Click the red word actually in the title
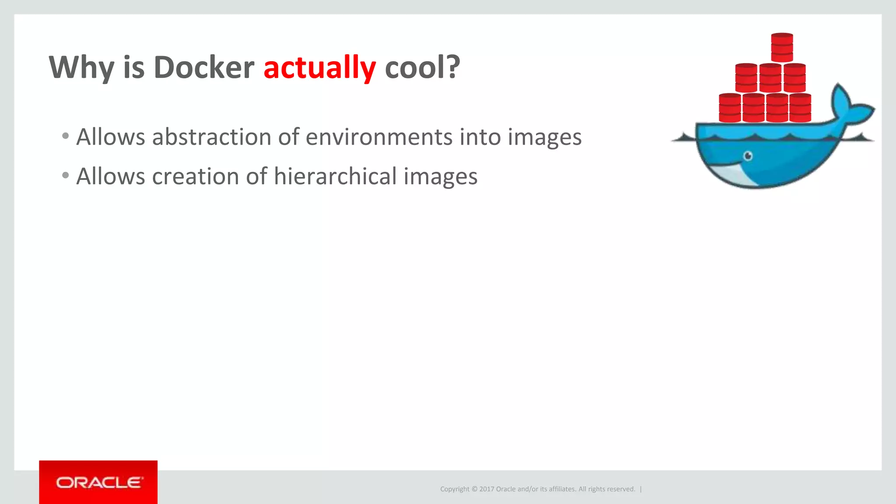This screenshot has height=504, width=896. tap(319, 68)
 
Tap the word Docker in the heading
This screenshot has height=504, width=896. tap(204, 68)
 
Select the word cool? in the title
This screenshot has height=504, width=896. tap(422, 68)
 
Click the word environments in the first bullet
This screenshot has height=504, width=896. tap(378, 137)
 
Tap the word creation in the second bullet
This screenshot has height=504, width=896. tap(195, 176)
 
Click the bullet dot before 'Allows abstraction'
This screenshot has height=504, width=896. tap(66, 136)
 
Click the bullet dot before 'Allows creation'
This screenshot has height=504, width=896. tap(66, 175)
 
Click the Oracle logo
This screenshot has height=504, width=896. tap(98, 483)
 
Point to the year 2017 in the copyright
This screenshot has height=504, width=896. tap(486, 489)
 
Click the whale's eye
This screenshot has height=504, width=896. tap(748, 156)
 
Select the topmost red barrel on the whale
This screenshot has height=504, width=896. tap(782, 47)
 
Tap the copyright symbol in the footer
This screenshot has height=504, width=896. tap(474, 489)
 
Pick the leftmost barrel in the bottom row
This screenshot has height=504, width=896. tap(730, 108)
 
